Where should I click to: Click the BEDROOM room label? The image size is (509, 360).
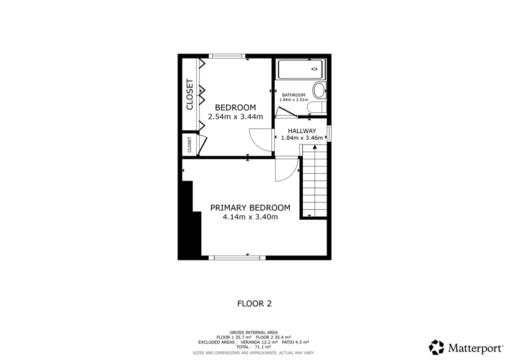(x=235, y=107)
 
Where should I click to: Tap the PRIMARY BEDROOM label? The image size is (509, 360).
(x=250, y=208)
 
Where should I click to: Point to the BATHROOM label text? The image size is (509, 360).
(x=293, y=95)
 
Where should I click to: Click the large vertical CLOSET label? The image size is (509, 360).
(x=189, y=94)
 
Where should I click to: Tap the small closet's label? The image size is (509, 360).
(x=189, y=145)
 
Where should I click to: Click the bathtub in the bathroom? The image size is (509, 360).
(x=300, y=69)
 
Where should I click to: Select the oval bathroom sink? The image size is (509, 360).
(x=319, y=90)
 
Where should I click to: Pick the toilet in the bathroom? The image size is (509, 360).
(x=316, y=107)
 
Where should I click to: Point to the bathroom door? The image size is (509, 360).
(x=286, y=112)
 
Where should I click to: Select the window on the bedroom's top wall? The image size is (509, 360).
(x=227, y=56)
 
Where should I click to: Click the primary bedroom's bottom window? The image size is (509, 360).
(x=236, y=258)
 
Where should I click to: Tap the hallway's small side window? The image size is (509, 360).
(x=329, y=133)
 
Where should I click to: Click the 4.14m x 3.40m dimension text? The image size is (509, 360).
(x=250, y=217)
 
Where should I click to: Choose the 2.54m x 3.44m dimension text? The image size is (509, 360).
(x=235, y=117)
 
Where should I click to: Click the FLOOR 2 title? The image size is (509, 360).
(x=254, y=303)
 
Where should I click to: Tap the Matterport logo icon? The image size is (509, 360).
(x=436, y=347)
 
